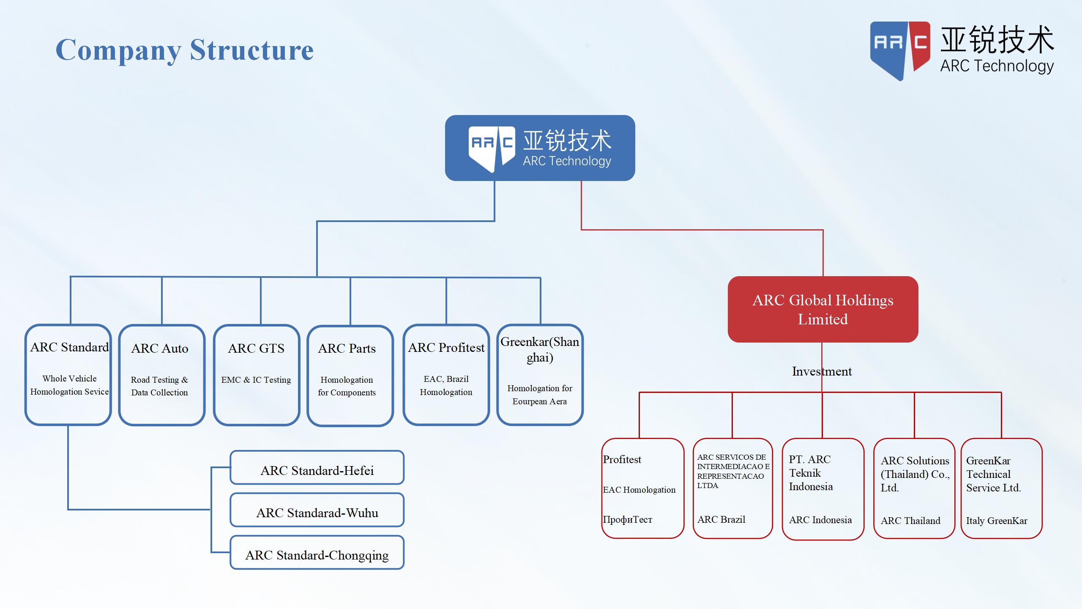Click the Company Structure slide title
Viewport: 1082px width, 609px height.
pos(185,50)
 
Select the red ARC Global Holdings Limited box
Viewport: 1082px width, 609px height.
pos(822,310)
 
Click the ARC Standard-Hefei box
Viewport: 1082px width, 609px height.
pos(317,470)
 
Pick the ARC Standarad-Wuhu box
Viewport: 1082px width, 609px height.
pos(317,513)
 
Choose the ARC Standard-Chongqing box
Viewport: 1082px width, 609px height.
pos(317,555)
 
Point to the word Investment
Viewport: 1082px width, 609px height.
pos(822,371)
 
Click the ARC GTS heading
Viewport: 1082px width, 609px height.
pos(256,348)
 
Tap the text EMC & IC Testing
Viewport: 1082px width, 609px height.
pos(256,380)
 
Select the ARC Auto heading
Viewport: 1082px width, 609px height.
pos(160,348)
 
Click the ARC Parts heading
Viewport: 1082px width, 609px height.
pos(347,348)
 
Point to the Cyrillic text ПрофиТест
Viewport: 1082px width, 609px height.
pos(628,519)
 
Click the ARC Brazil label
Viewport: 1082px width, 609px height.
pos(721,519)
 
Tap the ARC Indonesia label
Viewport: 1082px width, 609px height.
pos(820,520)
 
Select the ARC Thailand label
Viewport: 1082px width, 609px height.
pos(910,521)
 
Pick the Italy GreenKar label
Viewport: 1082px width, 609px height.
pos(997,521)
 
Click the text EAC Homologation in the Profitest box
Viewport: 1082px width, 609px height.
pos(639,490)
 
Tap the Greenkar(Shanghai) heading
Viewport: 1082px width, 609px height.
pos(540,349)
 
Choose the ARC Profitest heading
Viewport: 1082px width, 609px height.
pos(446,348)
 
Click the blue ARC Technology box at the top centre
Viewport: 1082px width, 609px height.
pos(540,148)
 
